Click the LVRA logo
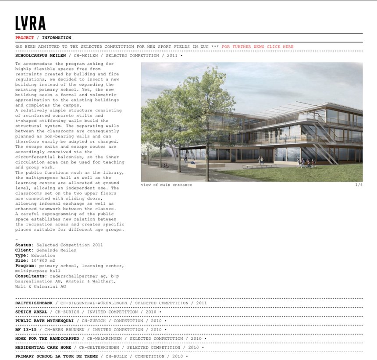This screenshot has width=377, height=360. (x=30, y=23)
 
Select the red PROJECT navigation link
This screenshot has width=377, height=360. (x=25, y=38)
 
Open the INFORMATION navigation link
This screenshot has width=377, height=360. (x=57, y=38)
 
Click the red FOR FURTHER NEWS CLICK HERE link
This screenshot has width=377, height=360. (x=258, y=46)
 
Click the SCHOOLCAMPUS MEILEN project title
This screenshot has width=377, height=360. (x=41, y=56)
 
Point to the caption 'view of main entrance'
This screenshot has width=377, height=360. (x=167, y=185)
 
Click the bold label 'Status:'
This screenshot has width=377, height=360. (x=25, y=245)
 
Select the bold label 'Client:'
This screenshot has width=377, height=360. (x=25, y=250)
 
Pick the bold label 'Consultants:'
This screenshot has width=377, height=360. (x=31, y=276)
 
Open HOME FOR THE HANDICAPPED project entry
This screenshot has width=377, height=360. (x=47, y=339)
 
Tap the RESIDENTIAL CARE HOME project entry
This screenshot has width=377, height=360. (x=43, y=347)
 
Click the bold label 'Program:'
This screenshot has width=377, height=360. (x=26, y=266)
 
